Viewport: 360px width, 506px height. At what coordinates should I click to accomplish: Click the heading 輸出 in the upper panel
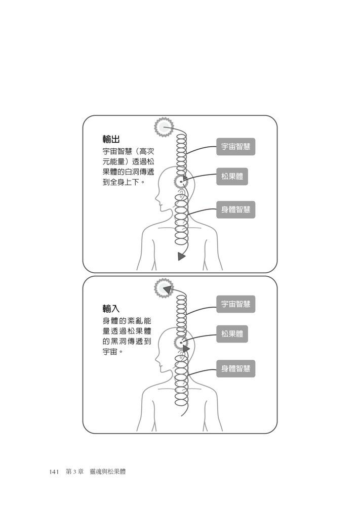click(111, 139)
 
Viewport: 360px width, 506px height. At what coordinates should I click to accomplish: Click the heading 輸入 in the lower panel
click(111, 309)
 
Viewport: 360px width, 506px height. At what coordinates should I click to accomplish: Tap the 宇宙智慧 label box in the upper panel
click(235, 147)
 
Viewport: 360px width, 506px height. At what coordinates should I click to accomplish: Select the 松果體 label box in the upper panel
click(232, 177)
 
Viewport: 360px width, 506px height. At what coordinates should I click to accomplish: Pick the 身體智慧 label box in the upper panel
click(235, 209)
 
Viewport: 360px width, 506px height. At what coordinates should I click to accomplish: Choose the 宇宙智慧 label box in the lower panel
click(235, 304)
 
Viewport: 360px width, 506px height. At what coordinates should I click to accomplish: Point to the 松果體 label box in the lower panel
click(232, 333)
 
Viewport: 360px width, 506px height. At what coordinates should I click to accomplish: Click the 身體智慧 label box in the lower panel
click(235, 368)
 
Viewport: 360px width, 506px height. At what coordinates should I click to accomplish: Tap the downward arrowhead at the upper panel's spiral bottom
click(181, 256)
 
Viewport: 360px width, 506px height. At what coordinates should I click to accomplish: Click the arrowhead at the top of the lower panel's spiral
click(168, 289)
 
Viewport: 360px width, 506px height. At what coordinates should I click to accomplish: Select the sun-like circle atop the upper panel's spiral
click(164, 127)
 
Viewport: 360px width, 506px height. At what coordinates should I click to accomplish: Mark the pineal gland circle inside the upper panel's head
click(181, 182)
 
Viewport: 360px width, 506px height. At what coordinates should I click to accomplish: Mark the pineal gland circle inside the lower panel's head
click(181, 342)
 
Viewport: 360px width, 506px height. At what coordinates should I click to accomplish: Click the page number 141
click(54, 472)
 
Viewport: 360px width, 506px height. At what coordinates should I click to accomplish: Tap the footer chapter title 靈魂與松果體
click(108, 472)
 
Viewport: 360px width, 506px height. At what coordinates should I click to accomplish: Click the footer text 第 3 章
click(74, 472)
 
